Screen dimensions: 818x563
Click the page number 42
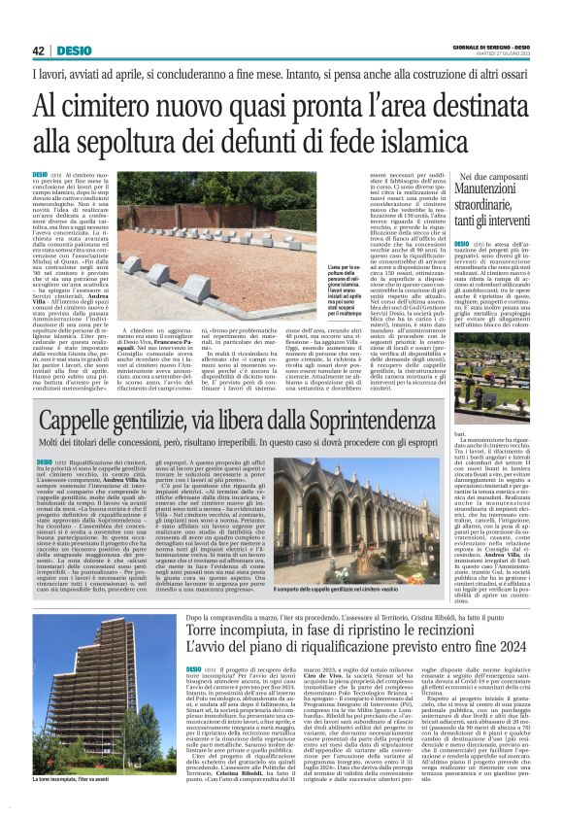coord(38,51)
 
